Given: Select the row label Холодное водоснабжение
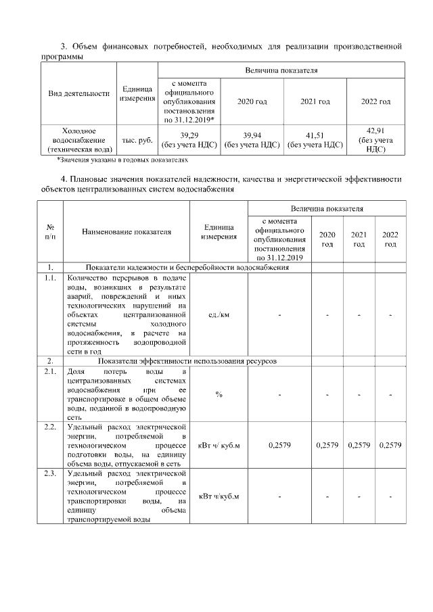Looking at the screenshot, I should point(78,139).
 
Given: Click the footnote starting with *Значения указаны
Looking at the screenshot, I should point(122,160).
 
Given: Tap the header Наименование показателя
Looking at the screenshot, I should point(127,231).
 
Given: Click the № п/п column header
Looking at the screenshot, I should point(50,231).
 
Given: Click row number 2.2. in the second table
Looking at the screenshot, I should point(49,427).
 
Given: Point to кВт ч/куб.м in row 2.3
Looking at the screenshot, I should point(219,498).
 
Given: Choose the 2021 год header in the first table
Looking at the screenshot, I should point(315,101).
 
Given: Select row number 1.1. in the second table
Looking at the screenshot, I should point(49,278).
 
